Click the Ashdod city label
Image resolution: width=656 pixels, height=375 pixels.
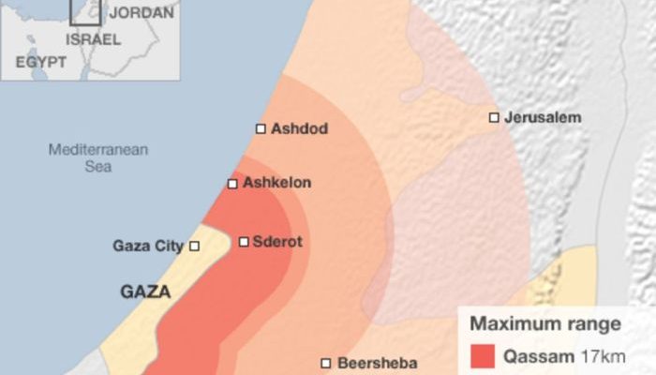click(x=299, y=128)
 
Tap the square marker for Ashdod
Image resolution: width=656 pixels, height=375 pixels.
click(x=261, y=128)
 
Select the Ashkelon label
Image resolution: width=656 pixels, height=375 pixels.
click(x=276, y=183)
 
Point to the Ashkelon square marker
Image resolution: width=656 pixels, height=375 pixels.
click(x=232, y=184)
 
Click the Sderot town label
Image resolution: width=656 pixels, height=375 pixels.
click(x=278, y=242)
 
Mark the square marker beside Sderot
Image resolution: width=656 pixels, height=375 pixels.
click(x=244, y=242)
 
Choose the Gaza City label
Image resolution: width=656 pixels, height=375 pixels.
click(x=148, y=246)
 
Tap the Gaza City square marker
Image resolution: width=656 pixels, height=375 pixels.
click(x=195, y=246)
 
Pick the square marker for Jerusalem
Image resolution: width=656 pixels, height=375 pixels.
click(x=494, y=117)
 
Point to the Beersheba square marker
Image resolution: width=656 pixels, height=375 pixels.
click(x=326, y=363)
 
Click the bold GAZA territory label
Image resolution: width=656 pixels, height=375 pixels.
click(x=145, y=292)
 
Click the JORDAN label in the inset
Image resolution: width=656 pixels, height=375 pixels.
click(x=142, y=13)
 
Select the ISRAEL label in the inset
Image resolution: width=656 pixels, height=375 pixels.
click(x=93, y=39)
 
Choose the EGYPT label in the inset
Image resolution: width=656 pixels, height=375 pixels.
click(x=40, y=61)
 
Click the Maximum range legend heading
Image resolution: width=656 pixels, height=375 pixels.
click(x=544, y=324)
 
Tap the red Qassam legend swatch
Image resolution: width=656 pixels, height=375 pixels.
click(x=482, y=356)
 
